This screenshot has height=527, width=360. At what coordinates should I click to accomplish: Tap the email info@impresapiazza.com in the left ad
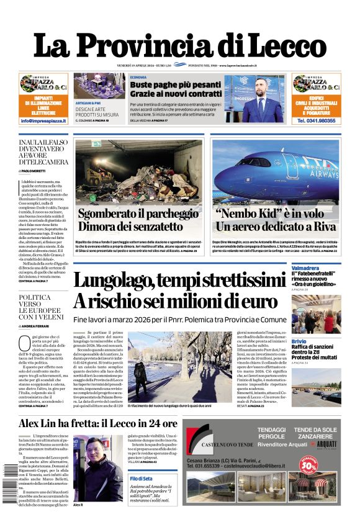(x=43, y=121)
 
